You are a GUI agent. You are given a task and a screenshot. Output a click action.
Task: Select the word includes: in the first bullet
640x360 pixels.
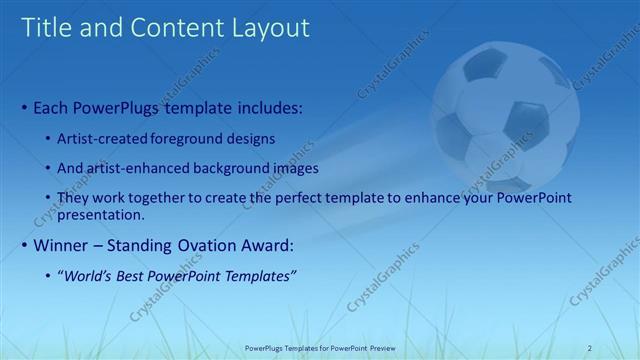266,106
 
